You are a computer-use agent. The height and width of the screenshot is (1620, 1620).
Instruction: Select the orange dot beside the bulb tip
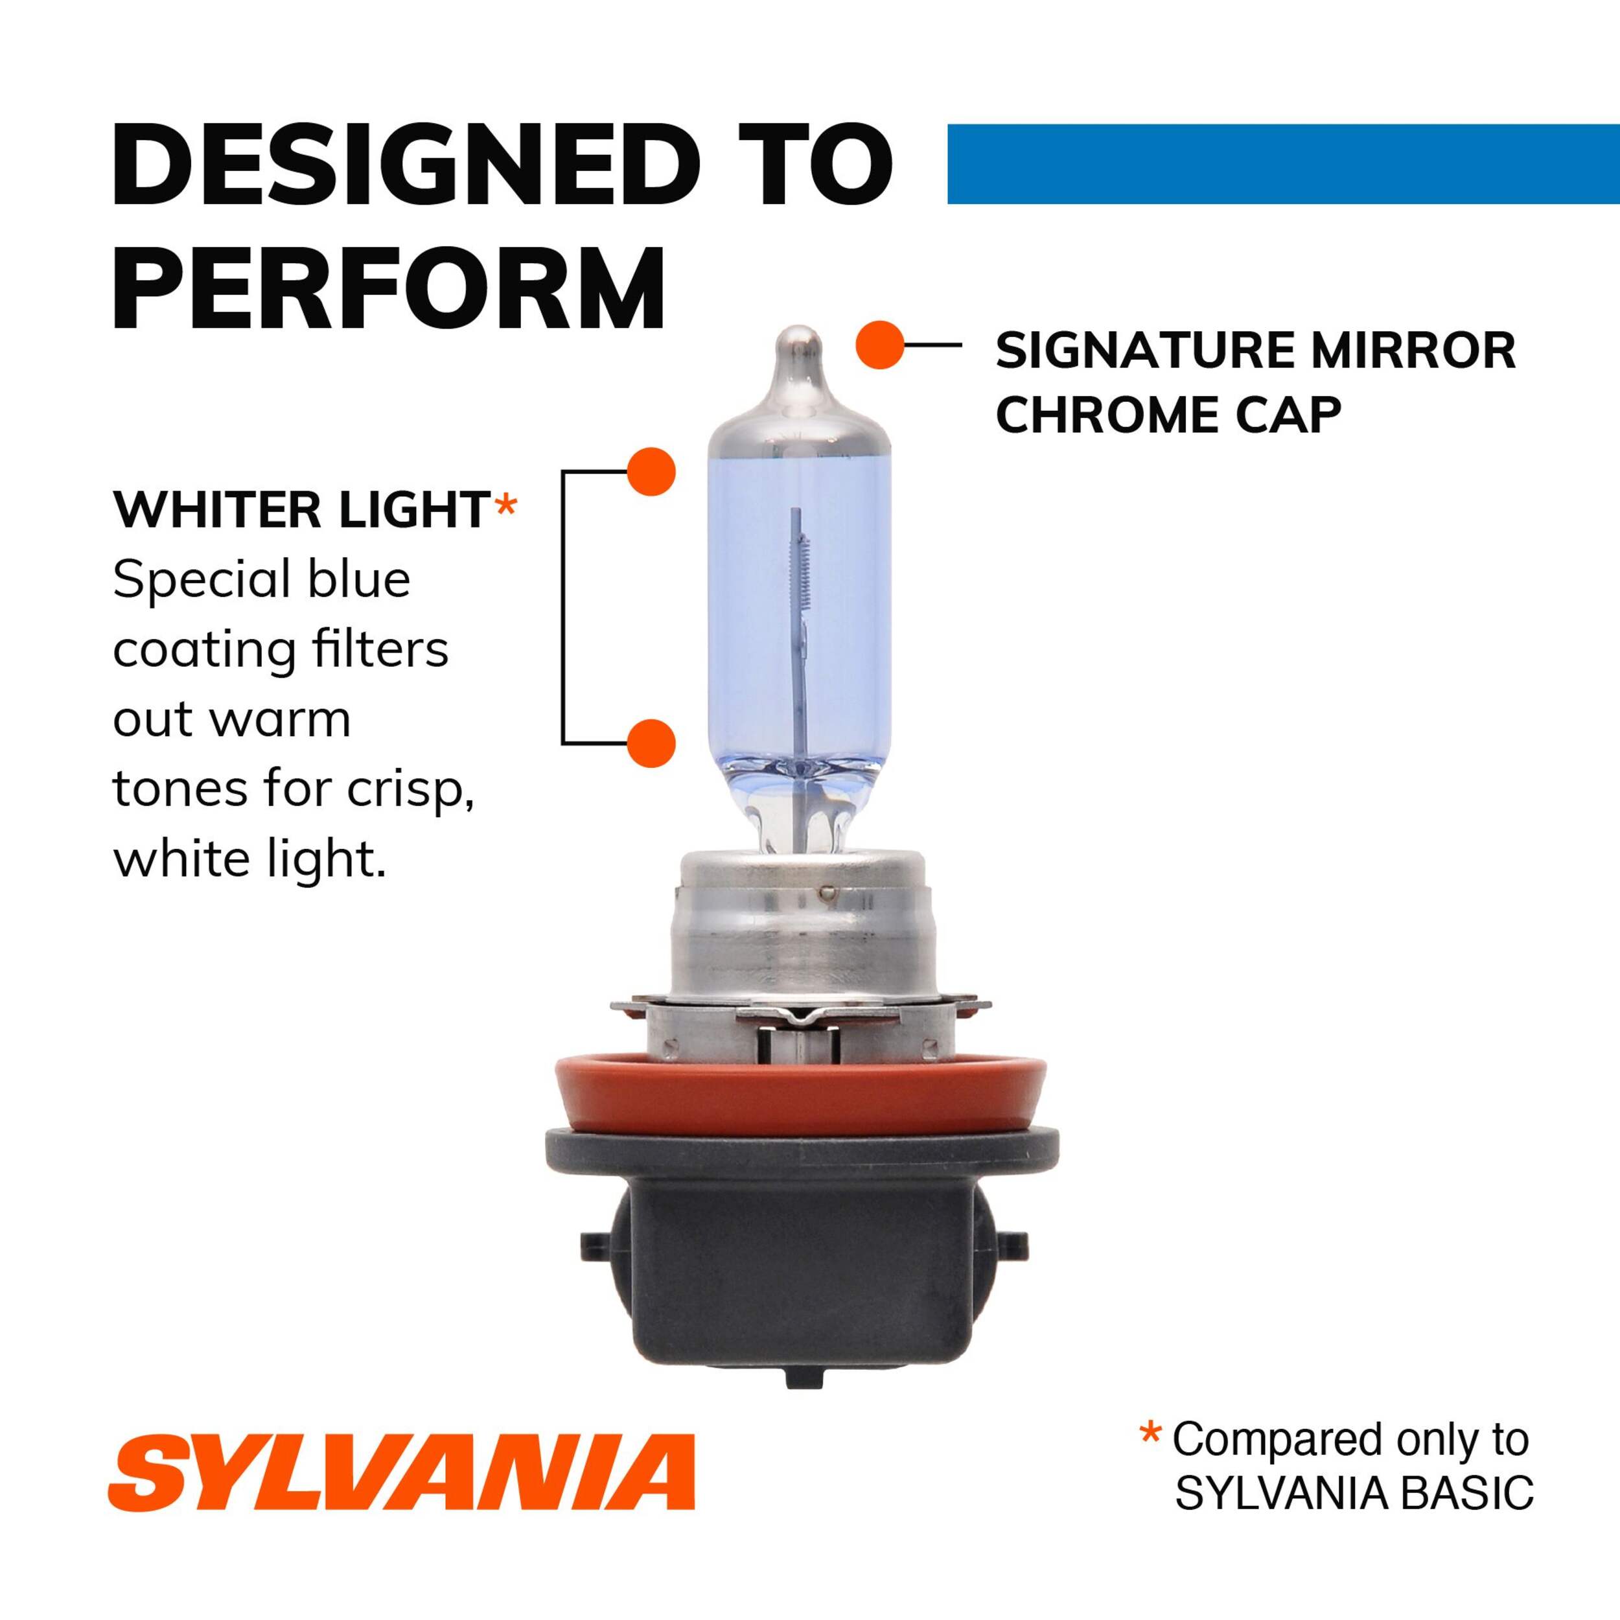pyautogui.click(x=879, y=345)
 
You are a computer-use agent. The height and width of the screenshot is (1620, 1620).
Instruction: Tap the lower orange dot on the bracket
pyautogui.click(x=651, y=743)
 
